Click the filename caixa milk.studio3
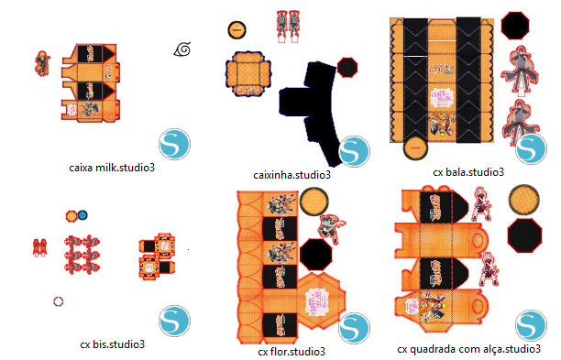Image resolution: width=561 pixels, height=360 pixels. click(x=112, y=168)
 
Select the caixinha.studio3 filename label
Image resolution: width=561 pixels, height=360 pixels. click(x=291, y=175)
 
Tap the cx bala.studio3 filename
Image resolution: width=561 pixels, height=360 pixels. click(x=468, y=172)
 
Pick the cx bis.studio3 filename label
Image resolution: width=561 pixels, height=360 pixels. click(x=113, y=344)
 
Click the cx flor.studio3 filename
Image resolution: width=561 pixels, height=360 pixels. click(x=291, y=352)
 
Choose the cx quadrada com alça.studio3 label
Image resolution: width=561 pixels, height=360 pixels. click(x=468, y=349)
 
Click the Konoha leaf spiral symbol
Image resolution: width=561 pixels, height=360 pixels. click(x=182, y=49)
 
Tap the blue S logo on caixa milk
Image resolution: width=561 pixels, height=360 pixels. click(x=174, y=144)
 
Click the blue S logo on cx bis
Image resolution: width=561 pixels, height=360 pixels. click(x=174, y=321)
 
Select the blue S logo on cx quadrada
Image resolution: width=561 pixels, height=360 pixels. click(x=532, y=325)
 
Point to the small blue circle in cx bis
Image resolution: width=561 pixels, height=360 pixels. click(x=82, y=215)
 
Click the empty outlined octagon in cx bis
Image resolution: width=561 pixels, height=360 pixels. click(x=59, y=301)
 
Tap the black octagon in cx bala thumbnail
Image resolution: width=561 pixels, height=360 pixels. click(x=515, y=26)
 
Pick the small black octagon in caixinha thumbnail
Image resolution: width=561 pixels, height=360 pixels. click(x=347, y=67)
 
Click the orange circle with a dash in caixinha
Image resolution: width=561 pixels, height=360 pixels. click(x=236, y=29)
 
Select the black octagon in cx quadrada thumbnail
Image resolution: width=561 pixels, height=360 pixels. click(x=524, y=235)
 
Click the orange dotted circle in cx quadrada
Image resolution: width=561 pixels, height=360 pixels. click(x=523, y=200)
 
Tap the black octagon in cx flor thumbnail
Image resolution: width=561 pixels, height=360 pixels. click(x=315, y=254)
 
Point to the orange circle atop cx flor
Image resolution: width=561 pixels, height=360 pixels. click(x=313, y=202)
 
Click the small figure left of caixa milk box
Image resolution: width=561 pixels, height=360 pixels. click(x=42, y=63)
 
